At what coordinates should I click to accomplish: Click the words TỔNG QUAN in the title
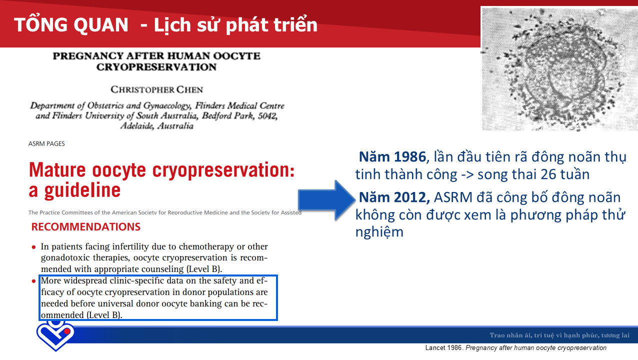coord(71,24)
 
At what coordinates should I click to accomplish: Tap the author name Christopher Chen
coord(156,89)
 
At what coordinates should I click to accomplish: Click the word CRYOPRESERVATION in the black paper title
coord(156,67)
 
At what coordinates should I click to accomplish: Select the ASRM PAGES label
coord(46,144)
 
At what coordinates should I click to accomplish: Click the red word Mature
coord(57,170)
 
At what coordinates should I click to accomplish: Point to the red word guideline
coord(82,190)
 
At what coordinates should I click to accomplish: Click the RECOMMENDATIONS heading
coord(85,227)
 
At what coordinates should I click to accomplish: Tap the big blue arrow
coord(326,200)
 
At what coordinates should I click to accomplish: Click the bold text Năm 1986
coord(392,157)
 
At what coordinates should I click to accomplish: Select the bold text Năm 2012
coord(394,197)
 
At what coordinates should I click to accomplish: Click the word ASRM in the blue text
coord(453,197)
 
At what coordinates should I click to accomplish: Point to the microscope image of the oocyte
coord(559,68)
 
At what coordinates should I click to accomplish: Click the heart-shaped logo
coord(55,335)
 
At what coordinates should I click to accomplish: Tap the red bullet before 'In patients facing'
coord(33,247)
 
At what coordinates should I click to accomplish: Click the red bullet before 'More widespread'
coord(33,281)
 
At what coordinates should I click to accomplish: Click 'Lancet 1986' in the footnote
coord(443,348)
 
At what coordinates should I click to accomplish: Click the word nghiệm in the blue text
coord(379,232)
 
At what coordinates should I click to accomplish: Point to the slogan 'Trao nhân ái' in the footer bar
coord(510,335)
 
